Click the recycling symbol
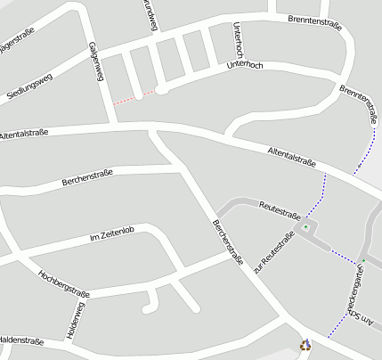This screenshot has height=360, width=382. click(x=305, y=345)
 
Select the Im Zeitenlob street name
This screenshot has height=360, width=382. click(x=112, y=235)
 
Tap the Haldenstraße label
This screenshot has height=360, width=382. click(x=21, y=340)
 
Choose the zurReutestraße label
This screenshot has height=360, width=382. click(x=273, y=252)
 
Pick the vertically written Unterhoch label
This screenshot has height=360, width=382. click(x=237, y=38)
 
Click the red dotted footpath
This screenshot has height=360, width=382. click(x=127, y=97)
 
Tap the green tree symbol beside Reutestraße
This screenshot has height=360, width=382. click(x=305, y=228)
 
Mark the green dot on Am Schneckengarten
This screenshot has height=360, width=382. click(x=362, y=260)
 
